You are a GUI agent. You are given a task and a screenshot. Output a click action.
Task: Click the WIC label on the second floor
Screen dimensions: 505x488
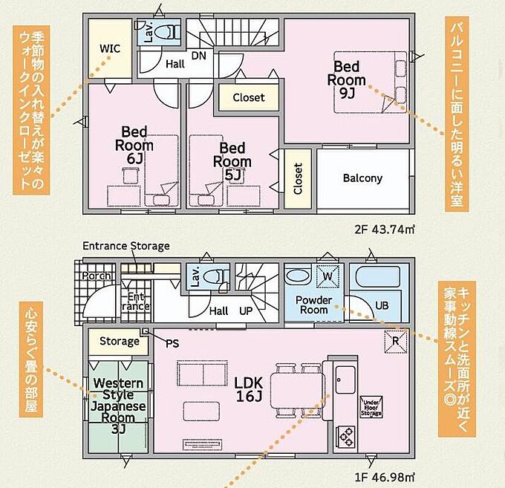(110, 48)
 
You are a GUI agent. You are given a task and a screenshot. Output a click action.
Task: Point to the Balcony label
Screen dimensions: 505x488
(362, 178)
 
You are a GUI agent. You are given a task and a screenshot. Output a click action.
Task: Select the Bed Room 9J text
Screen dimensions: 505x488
(347, 80)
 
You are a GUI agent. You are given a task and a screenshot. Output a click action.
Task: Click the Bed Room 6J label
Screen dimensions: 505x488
(134, 146)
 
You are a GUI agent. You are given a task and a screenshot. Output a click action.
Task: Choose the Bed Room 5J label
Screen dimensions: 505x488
(232, 161)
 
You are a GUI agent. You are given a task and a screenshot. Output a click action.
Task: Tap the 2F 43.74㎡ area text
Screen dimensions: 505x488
(384, 230)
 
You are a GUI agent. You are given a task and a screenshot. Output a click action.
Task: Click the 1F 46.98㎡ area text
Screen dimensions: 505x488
(384, 477)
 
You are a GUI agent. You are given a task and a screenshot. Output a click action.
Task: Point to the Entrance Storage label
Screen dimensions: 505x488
(126, 246)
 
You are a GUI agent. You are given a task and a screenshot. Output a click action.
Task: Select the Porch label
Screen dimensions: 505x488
(96, 276)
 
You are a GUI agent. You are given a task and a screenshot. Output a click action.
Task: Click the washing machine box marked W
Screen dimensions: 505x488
(328, 276)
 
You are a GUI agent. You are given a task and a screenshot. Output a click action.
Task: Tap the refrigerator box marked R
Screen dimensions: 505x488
(396, 341)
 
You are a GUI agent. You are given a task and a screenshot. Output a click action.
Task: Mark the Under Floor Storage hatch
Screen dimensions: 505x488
(371, 407)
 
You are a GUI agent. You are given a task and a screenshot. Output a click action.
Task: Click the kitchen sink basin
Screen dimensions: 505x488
(345, 380)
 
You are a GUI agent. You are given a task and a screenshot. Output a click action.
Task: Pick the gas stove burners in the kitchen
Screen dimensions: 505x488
(345, 437)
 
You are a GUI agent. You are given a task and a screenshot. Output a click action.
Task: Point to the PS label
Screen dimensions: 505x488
(172, 344)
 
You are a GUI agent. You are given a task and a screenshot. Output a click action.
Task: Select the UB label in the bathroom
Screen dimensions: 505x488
(382, 305)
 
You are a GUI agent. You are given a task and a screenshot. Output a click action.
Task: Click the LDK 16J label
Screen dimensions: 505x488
(248, 390)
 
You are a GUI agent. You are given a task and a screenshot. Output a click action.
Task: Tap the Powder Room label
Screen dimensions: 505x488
(313, 305)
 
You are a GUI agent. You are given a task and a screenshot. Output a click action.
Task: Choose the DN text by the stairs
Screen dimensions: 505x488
(199, 56)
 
